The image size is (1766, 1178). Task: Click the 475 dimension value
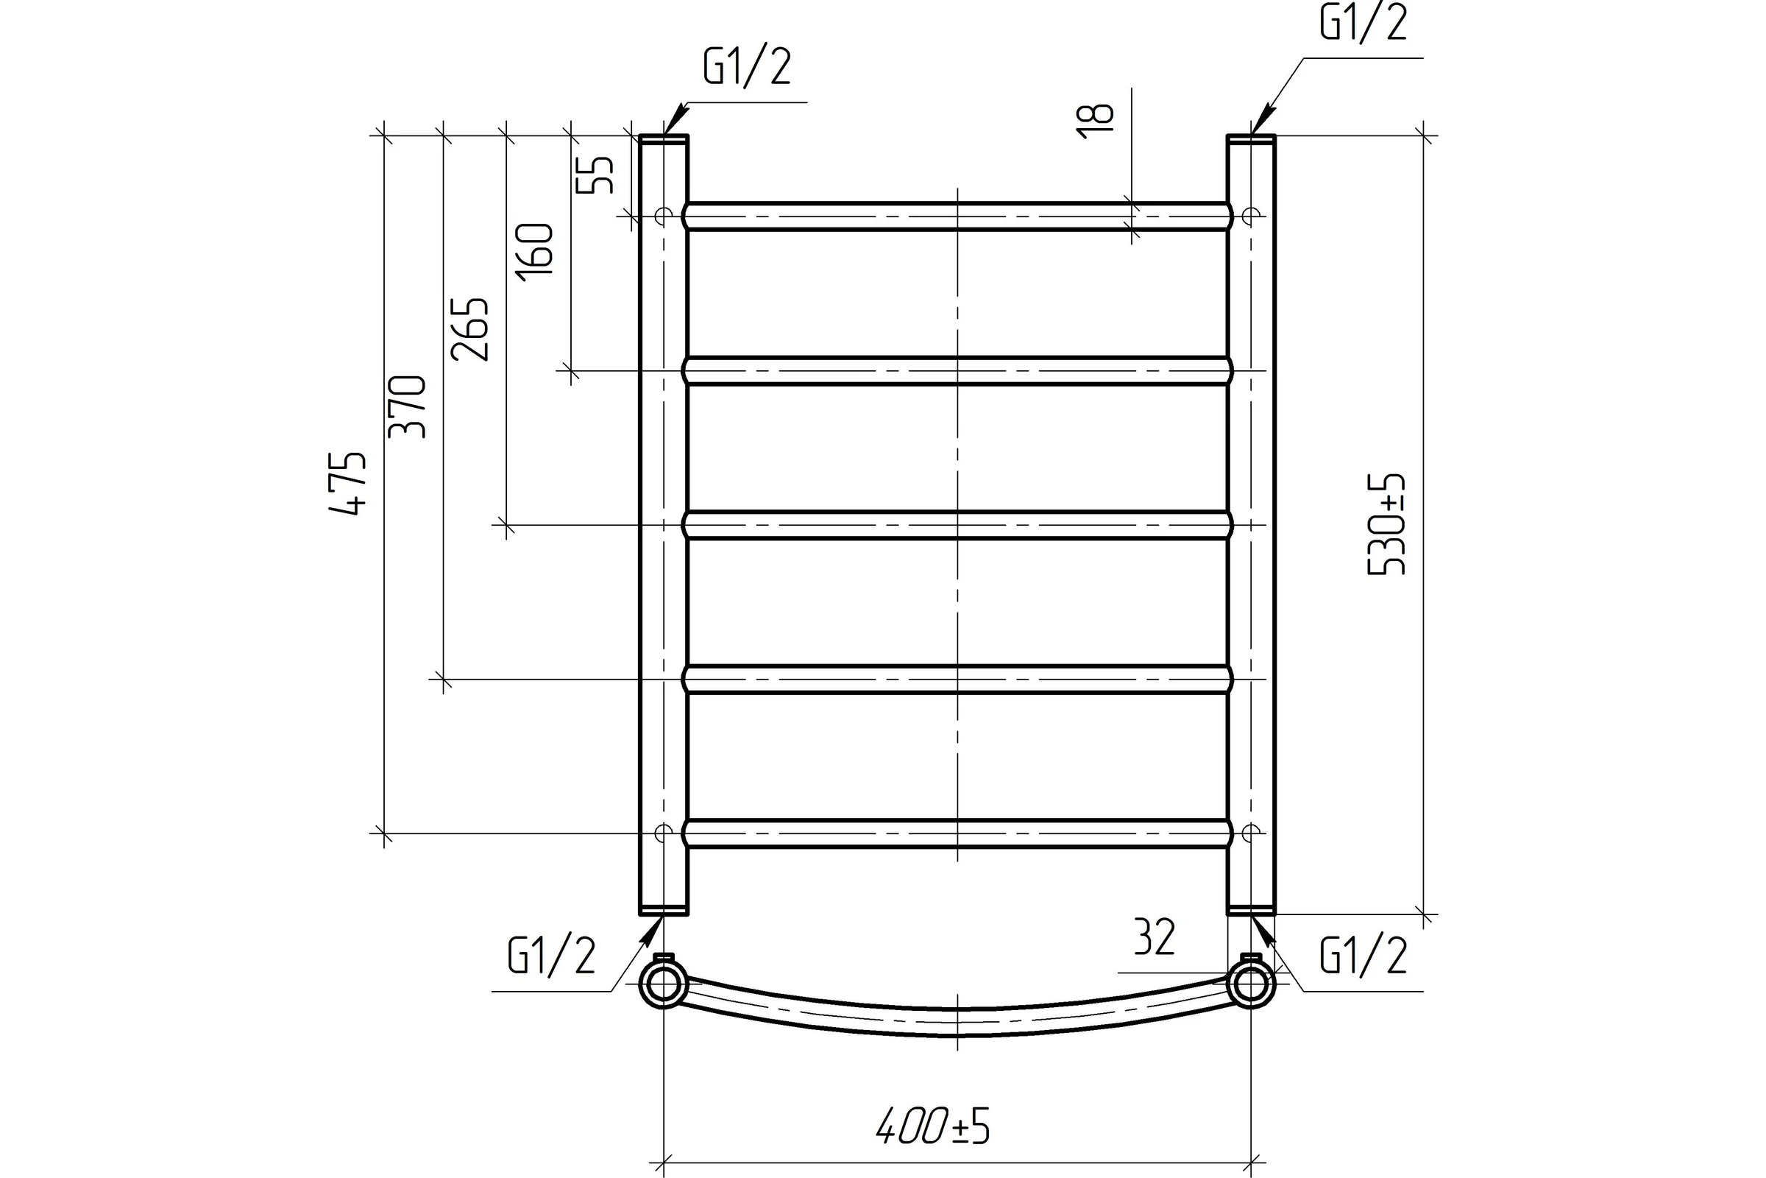348,483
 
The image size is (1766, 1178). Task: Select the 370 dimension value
408,406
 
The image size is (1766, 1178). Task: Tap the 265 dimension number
470,329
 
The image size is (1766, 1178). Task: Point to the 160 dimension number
535,249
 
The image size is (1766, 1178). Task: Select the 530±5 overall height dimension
1387,523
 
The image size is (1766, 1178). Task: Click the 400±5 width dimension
933,1126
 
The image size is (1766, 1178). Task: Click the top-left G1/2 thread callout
747,67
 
